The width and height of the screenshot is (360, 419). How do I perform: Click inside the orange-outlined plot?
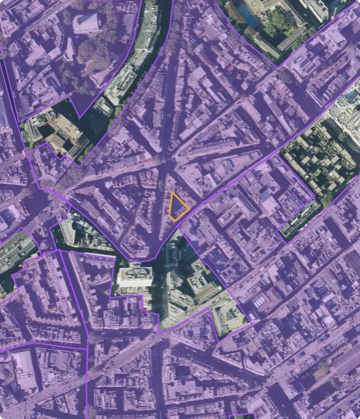coord(178,207)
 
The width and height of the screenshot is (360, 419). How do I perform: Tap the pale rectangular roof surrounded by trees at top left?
coord(87,23)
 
